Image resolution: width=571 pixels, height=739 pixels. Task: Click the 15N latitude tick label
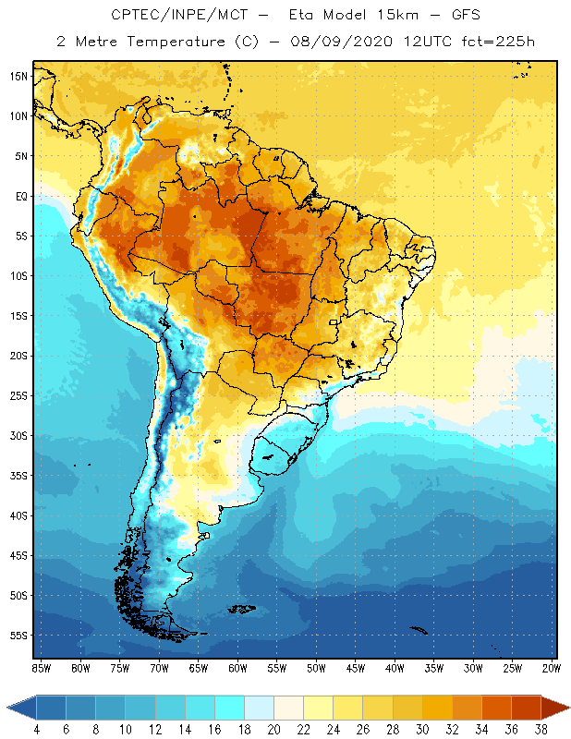18,76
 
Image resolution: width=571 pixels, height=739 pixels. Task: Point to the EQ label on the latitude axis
19,196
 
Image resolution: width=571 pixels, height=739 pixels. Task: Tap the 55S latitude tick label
18,636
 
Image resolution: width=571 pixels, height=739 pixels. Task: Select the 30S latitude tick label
18,435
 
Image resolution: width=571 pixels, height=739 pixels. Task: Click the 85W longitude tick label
41,668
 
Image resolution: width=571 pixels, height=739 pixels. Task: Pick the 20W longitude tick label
552,668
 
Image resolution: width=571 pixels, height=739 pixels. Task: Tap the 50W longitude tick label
316,668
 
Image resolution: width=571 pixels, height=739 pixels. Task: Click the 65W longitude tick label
198,668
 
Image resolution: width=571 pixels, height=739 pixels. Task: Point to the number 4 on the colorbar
37,729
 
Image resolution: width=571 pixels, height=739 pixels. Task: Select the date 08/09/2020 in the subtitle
343,42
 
